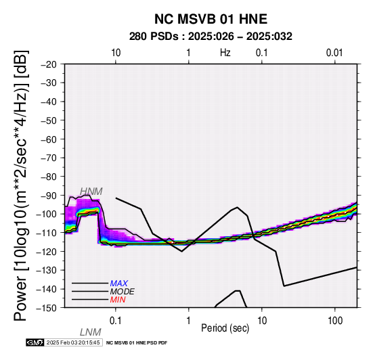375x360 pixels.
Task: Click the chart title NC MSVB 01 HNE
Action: tap(211, 19)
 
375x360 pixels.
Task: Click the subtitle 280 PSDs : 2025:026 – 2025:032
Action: tap(211, 37)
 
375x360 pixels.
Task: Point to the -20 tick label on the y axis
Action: tap(49, 64)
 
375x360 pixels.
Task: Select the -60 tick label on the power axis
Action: tap(49, 139)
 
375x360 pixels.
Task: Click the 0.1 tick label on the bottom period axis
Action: tap(116, 321)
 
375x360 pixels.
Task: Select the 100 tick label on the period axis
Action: tap(335, 321)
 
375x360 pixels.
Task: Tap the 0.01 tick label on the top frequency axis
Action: tap(334, 53)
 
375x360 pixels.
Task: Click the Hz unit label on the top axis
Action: tap(225, 53)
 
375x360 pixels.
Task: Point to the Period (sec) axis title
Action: tap(225, 328)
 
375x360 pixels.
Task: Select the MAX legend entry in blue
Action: tap(119, 284)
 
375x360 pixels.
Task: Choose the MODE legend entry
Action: tap(123, 292)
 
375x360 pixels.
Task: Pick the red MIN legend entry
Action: tap(118, 300)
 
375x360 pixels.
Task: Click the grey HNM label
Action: tap(91, 192)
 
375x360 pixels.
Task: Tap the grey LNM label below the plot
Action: tap(91, 332)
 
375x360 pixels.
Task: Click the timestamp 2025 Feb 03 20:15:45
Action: tap(73, 342)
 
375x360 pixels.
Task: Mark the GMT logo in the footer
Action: tap(35, 342)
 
